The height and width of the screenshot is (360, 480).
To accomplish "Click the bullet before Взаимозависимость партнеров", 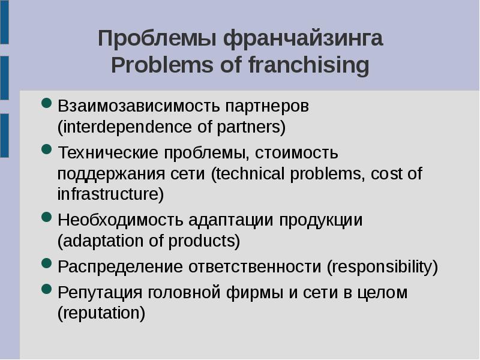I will [x=47, y=104].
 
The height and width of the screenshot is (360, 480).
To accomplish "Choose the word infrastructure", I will [x=109, y=195].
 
